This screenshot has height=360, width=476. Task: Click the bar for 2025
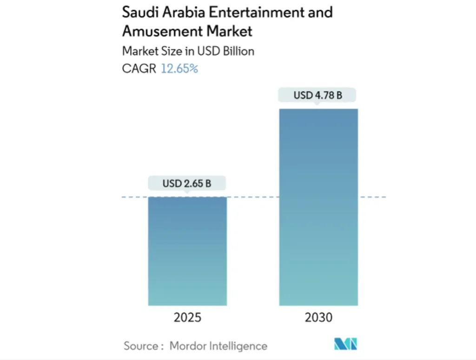[187, 251]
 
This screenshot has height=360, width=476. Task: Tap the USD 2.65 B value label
[187, 183]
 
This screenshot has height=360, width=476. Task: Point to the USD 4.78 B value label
[318, 96]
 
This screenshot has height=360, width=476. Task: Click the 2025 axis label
[187, 318]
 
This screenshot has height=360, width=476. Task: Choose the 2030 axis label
[319, 318]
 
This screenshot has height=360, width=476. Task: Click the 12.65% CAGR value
[179, 69]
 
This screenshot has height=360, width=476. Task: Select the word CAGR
[139, 69]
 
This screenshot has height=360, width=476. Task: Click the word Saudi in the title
[139, 12]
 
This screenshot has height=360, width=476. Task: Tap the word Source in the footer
[140, 346]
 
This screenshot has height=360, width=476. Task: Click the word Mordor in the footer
[188, 346]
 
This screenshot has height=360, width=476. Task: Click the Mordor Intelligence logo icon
[345, 345]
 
